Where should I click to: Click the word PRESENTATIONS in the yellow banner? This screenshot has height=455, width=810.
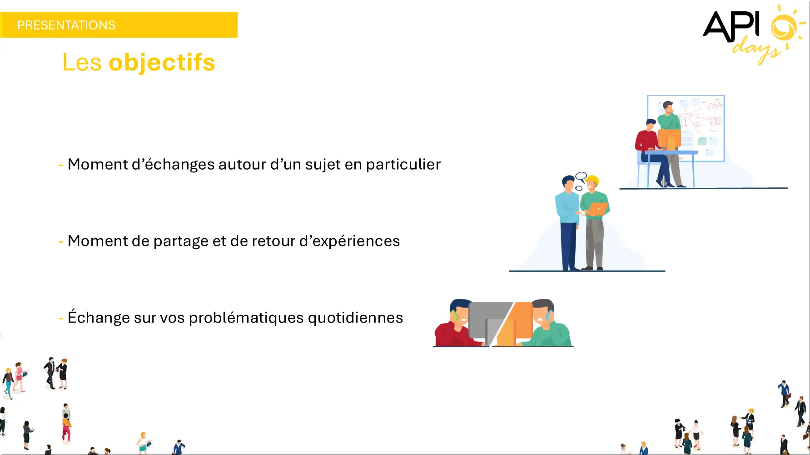point(66,25)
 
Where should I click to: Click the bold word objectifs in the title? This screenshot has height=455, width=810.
point(162,63)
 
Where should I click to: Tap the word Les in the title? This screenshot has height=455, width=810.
point(82,63)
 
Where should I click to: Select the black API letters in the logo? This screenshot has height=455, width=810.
point(731,26)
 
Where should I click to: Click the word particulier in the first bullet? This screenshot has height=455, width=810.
point(403,164)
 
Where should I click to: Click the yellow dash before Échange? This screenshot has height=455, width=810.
point(61,318)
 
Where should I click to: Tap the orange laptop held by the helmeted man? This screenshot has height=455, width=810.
point(597,209)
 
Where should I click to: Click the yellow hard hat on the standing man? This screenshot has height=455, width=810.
point(593,180)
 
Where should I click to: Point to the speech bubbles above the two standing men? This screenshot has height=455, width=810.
point(580,181)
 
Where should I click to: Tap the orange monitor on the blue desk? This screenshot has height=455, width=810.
point(670,140)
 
